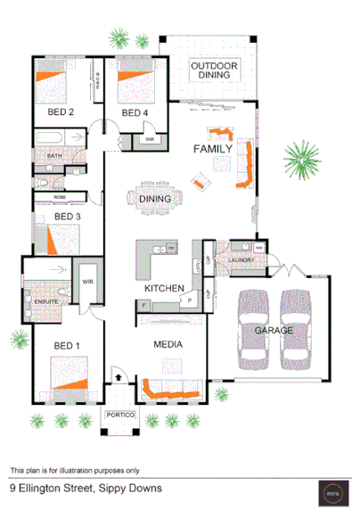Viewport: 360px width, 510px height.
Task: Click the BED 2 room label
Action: [x=61, y=112]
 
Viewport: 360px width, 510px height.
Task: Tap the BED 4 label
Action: [x=134, y=113]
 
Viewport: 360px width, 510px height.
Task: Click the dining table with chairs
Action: [x=156, y=199]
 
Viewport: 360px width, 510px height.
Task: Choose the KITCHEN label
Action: [x=164, y=289]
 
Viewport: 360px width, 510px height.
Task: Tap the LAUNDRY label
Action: [x=241, y=260]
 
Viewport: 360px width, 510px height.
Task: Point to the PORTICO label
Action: [x=120, y=415]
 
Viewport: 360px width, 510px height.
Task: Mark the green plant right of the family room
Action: [x=302, y=160]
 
